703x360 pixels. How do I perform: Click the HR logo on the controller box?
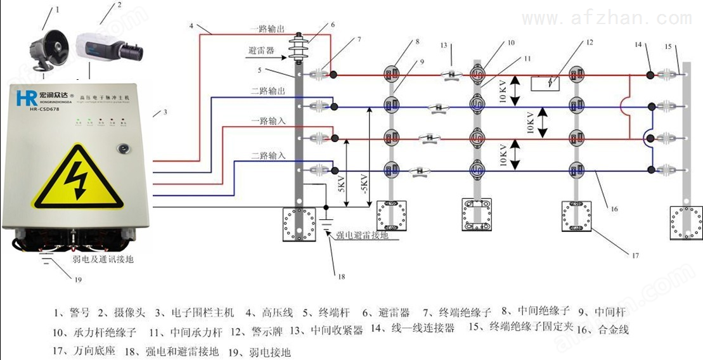pyautogui.click(x=25, y=98)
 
